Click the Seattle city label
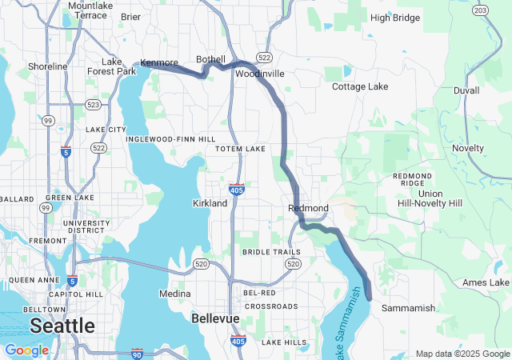point(62,326)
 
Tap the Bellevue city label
point(215,318)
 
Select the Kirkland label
point(210,203)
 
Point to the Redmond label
point(308,208)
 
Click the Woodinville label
point(260,73)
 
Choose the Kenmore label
point(159,62)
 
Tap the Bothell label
point(211,60)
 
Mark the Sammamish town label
point(408,308)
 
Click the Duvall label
point(466,91)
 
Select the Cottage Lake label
point(359,86)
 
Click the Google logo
point(26,350)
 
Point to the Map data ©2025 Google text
point(462,354)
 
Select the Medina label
point(175,294)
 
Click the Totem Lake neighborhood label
point(240,149)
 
